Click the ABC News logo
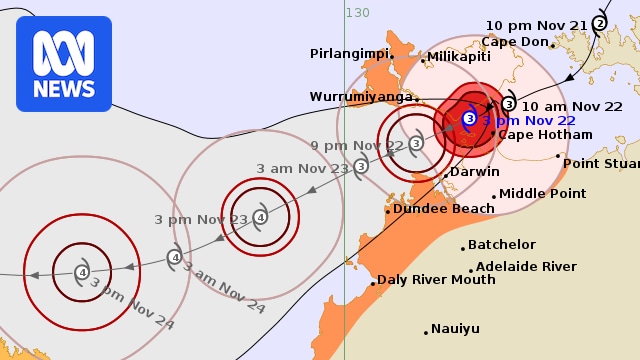pyautogui.click(x=64, y=64)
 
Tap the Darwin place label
pyautogui.click(x=474, y=172)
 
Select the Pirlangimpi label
pyautogui.click(x=349, y=53)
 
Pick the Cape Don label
pyautogui.click(x=515, y=42)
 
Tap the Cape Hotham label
pyautogui.click(x=537, y=134)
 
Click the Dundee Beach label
pyautogui.click(x=443, y=209)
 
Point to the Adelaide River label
pyautogui.click(x=526, y=267)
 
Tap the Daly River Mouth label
pyautogui.click(x=436, y=280)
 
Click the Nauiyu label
pyautogui.click(x=456, y=329)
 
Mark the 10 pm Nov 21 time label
pyautogui.click(x=536, y=25)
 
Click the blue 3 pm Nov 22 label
pyautogui.click(x=530, y=120)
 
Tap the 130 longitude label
pyautogui.click(x=357, y=12)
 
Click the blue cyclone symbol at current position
pyautogui.click(x=469, y=120)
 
